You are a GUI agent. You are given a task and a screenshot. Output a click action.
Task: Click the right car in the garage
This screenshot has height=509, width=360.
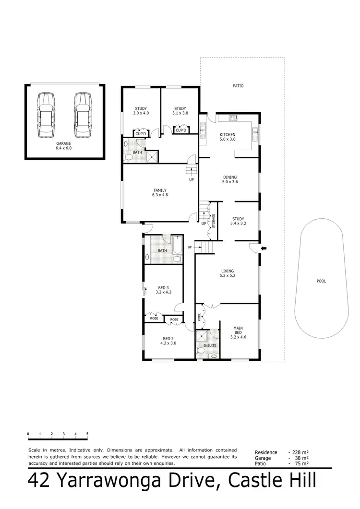82,115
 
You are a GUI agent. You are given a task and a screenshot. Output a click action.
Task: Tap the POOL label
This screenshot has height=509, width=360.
321,281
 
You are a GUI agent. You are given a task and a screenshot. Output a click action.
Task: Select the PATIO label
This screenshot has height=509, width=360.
239,86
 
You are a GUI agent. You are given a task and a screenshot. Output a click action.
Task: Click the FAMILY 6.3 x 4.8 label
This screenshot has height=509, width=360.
159,192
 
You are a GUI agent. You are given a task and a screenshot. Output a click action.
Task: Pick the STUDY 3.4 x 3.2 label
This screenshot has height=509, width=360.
238,221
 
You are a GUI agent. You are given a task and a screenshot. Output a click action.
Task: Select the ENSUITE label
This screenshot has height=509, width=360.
209,345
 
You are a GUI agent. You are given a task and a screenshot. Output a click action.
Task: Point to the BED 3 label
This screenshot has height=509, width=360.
163,289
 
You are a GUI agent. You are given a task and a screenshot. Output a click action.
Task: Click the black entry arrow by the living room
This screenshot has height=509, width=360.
263,248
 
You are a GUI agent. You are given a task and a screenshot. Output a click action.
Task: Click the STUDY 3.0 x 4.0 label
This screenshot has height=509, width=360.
141,111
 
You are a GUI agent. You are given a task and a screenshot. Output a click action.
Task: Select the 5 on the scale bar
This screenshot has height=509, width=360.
87,434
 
